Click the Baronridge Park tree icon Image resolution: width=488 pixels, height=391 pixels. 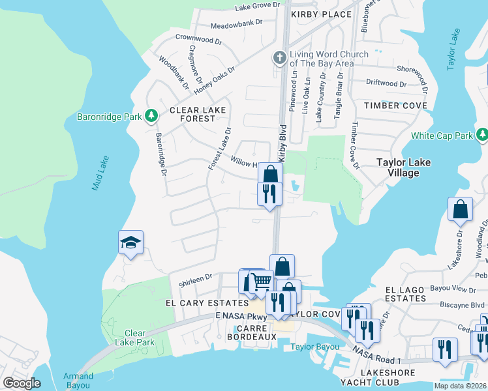click(151, 117)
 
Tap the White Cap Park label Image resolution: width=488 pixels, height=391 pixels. click(442, 136)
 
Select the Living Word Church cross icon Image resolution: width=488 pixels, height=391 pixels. click(279, 59)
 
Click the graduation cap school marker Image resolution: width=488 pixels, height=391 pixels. click(130, 243)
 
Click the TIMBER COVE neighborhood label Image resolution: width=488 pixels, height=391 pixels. click(395, 106)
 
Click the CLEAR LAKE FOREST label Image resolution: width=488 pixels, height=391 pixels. click(192, 115)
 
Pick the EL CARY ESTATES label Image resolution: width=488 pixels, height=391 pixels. click(207, 303)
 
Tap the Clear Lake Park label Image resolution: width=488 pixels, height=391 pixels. click(134, 338)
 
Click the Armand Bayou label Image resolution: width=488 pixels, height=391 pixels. click(78, 381)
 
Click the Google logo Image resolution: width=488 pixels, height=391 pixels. click(22, 383)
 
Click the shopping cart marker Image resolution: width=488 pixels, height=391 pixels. click(261, 282)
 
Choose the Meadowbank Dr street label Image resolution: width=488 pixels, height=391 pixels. click(236, 22)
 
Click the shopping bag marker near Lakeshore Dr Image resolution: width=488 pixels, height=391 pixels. click(460, 209)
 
